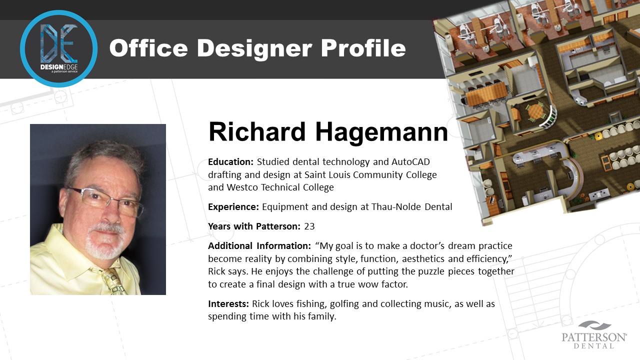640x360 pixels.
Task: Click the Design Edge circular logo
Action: click(58, 48)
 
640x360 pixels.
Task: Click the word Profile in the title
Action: click(363, 48)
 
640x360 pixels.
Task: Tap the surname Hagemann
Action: click(381, 132)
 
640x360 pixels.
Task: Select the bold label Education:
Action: click(230, 162)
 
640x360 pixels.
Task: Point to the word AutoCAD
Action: click(410, 161)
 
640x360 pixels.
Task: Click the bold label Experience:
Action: click(233, 207)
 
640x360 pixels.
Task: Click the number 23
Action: click(309, 226)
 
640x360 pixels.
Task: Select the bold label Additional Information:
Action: click(259, 245)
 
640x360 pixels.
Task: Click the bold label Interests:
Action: click(228, 303)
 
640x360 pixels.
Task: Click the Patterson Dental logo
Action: click(594, 335)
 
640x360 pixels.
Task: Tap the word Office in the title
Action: click(148, 48)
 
